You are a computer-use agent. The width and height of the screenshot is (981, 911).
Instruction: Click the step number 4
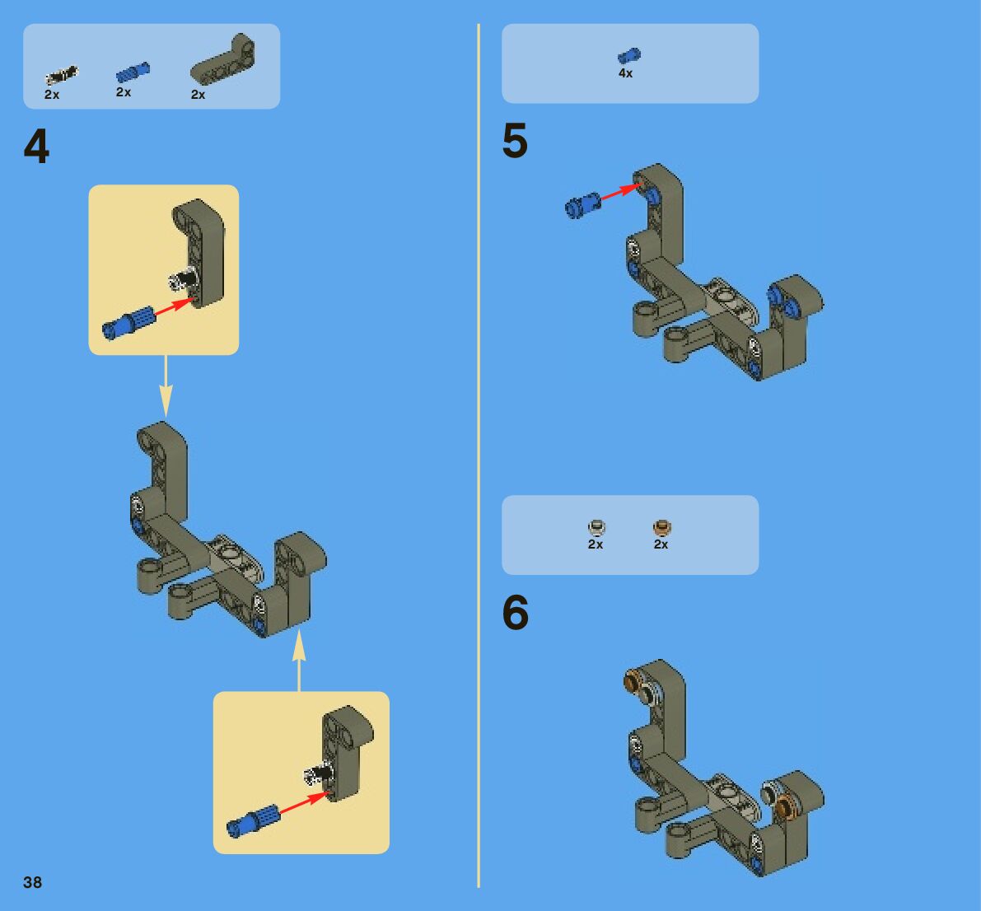[x=36, y=147]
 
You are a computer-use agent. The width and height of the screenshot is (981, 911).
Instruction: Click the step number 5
[x=515, y=140]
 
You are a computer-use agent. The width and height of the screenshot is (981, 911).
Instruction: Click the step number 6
[x=516, y=612]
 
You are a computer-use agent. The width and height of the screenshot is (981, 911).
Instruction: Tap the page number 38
[x=32, y=882]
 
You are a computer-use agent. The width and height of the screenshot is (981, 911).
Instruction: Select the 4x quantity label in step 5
[x=626, y=73]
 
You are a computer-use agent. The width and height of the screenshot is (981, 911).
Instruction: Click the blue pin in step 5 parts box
[x=628, y=56]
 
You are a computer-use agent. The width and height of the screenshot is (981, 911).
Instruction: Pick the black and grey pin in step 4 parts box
[x=61, y=76]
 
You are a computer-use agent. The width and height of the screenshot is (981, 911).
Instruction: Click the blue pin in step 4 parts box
[x=133, y=72]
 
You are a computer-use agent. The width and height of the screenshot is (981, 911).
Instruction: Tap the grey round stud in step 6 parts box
[x=597, y=527]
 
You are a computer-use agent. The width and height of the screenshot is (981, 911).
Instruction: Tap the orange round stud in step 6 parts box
[x=662, y=527]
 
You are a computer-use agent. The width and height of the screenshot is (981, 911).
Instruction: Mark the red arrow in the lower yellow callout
[x=304, y=803]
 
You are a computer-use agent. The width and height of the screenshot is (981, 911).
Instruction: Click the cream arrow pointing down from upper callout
[x=166, y=386]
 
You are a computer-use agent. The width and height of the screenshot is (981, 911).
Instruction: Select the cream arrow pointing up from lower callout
[x=299, y=660]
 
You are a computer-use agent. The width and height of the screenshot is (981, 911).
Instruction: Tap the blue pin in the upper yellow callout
[x=128, y=323]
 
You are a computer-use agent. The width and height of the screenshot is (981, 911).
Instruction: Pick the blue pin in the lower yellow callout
[x=253, y=820]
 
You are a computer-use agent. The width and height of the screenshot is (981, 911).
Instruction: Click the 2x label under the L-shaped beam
[x=198, y=95]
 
